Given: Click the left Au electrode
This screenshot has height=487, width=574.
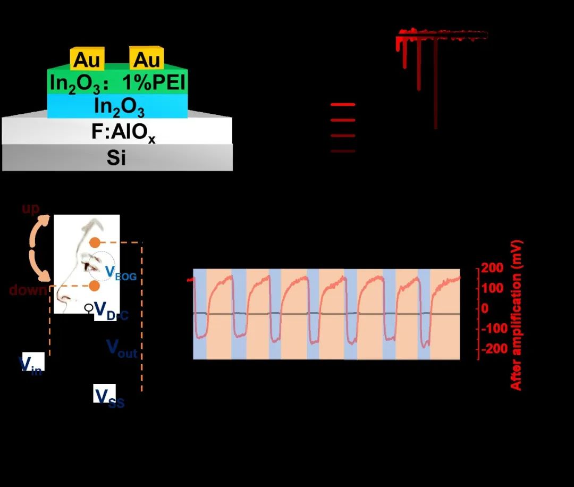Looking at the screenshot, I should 87,60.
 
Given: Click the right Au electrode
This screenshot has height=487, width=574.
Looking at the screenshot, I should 147,60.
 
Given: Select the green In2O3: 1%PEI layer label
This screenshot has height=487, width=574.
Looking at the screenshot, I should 117,83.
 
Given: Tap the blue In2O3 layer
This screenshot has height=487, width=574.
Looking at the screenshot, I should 118,107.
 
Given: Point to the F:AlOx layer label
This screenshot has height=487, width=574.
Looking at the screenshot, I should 118,131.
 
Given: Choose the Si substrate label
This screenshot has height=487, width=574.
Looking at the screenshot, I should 117,157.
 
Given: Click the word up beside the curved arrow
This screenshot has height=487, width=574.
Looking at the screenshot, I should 31,208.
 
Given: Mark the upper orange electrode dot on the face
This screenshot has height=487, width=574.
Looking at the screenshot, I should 94,242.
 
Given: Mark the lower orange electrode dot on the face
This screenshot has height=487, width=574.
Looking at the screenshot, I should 94,286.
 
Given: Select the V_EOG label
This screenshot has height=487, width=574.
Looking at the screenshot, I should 117,273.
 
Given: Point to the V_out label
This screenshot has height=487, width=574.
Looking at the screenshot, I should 122,348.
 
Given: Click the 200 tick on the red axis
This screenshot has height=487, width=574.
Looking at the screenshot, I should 492,268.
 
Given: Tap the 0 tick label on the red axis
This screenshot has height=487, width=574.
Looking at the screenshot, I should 484,308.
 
